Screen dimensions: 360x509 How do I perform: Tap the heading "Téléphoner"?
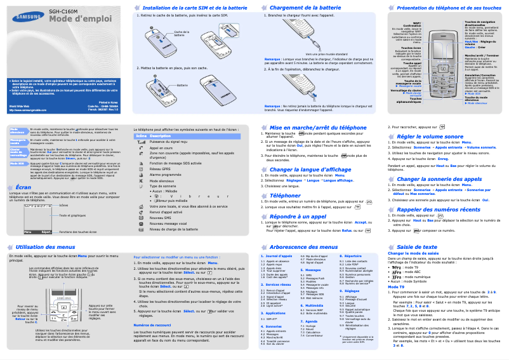point(286,196)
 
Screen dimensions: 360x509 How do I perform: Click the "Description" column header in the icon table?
point(161,137)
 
